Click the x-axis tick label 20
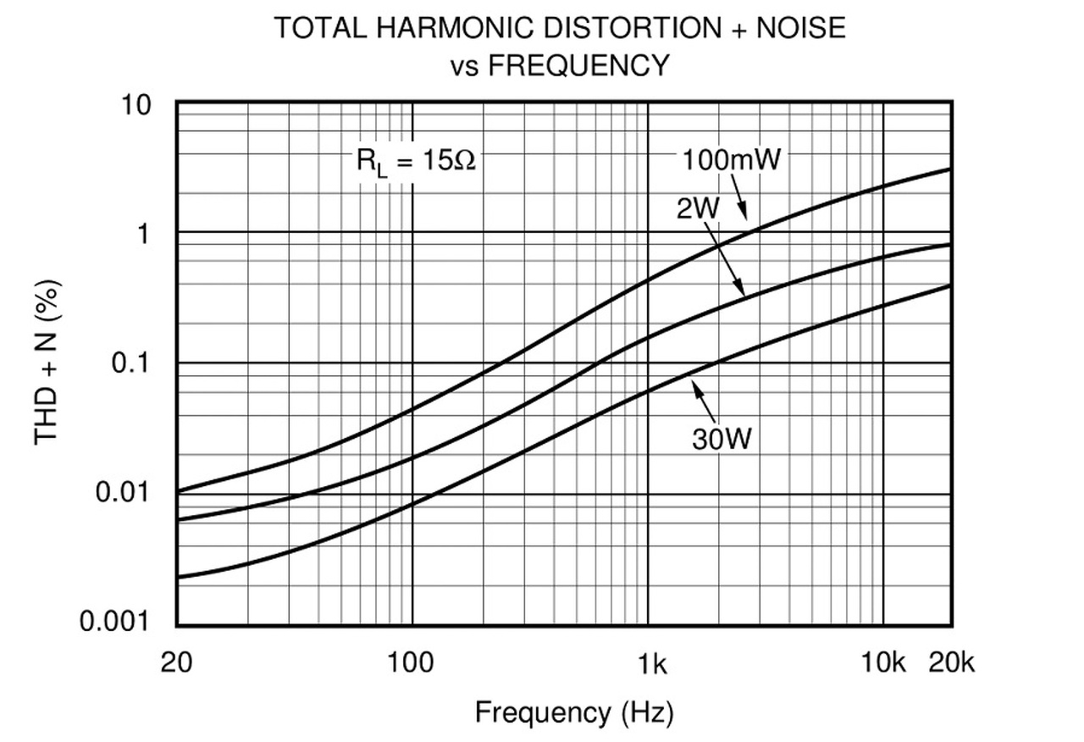point(176,662)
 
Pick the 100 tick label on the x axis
point(412,662)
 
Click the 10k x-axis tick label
point(883,662)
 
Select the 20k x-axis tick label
point(951,662)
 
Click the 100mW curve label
point(731,159)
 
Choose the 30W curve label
point(721,439)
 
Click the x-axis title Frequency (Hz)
point(573,712)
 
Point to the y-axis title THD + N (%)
point(48,363)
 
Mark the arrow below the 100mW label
point(740,200)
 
